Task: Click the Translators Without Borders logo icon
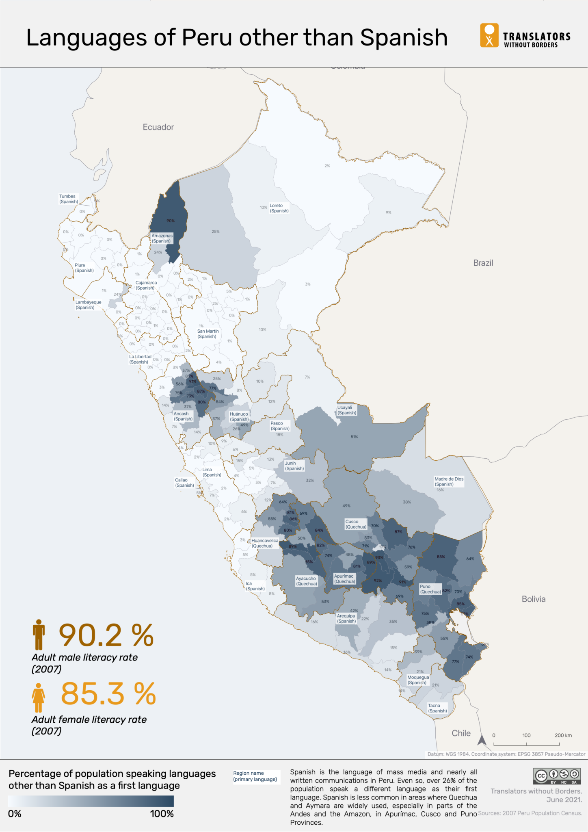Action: (489, 36)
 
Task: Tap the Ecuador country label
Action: (158, 127)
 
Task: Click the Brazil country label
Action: (483, 263)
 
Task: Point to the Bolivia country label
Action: (533, 599)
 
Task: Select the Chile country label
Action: (461, 733)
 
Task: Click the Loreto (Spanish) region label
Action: (279, 208)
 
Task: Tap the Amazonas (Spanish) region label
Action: (162, 238)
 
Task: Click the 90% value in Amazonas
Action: (170, 221)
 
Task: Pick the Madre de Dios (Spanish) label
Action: (448, 481)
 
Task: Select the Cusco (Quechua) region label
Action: (355, 524)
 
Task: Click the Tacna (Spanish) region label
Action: (437, 708)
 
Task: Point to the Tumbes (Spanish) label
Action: (68, 199)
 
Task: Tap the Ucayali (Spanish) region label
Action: (346, 410)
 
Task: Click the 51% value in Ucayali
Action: (354, 437)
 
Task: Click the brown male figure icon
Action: (39, 635)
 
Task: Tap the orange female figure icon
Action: (38, 698)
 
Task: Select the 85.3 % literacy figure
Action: (108, 693)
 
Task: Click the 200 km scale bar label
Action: (563, 735)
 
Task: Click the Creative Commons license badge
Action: (557, 776)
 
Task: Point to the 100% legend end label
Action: (162, 814)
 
